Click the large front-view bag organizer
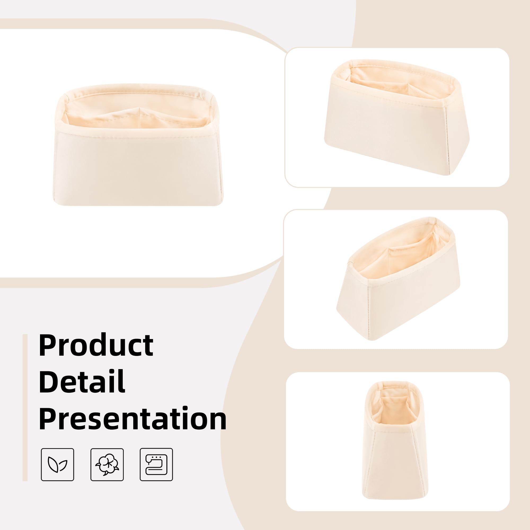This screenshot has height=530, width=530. click(x=138, y=145)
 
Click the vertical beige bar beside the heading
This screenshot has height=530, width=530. click(x=25, y=407)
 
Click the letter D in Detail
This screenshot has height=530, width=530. click(x=50, y=381)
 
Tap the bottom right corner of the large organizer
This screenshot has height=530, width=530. click(x=222, y=204)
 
